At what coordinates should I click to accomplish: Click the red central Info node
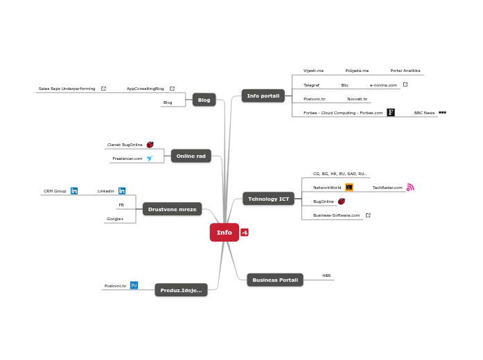point(225,233)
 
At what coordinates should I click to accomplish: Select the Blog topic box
point(204,100)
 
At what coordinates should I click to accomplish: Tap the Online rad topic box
point(191,156)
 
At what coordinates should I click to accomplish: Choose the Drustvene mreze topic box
point(172,209)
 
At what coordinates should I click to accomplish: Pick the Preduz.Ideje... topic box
point(181,290)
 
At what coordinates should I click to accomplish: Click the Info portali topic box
point(263,96)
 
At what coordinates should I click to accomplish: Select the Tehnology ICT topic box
point(268,199)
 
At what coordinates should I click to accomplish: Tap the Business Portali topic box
point(275,280)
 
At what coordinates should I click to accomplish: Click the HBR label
point(326,276)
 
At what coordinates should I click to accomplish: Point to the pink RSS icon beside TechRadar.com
point(410,187)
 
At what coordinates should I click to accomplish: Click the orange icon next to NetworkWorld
point(349,187)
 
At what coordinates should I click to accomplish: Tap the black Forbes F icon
point(391,112)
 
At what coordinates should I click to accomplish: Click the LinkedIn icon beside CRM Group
point(74,190)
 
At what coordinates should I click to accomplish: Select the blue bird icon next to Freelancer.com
point(149,159)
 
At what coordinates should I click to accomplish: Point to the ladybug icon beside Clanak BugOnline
point(150,145)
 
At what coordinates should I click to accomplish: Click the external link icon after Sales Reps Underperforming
point(103,89)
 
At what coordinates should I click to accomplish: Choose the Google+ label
point(115,219)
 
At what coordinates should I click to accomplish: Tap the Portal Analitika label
point(405,71)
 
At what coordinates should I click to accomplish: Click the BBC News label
point(424,112)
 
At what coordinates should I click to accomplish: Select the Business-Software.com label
point(336,215)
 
